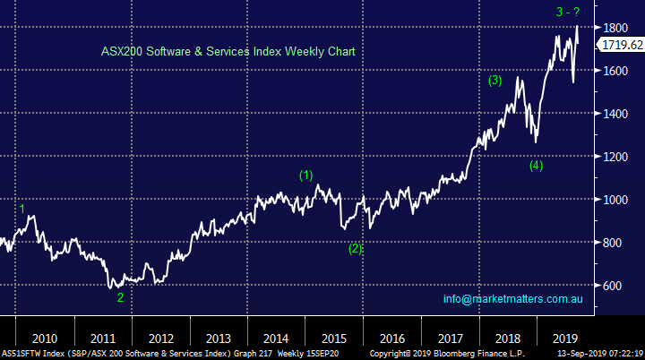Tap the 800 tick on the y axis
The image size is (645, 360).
click(615, 243)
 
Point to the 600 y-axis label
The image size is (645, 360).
click(615, 286)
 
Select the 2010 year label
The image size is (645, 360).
click(44, 339)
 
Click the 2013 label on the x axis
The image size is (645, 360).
click(218, 339)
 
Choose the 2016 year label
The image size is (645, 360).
click(391, 339)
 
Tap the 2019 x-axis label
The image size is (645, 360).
click(565, 339)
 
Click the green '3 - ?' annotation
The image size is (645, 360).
click(565, 12)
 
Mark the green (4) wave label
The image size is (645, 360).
click(536, 165)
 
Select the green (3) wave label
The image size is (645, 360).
click(494, 81)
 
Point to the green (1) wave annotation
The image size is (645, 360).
click(306, 175)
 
